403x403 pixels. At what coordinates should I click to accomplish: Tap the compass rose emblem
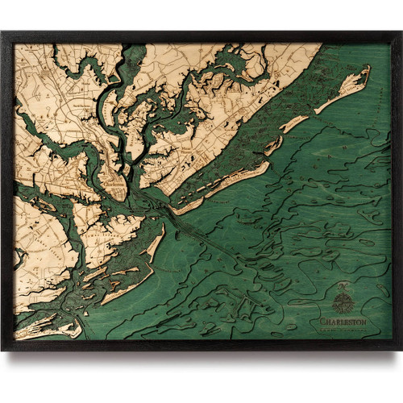tap(343, 303)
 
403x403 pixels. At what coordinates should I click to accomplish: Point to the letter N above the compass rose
tap(343, 289)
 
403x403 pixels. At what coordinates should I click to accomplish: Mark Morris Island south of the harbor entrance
tap(153, 246)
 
